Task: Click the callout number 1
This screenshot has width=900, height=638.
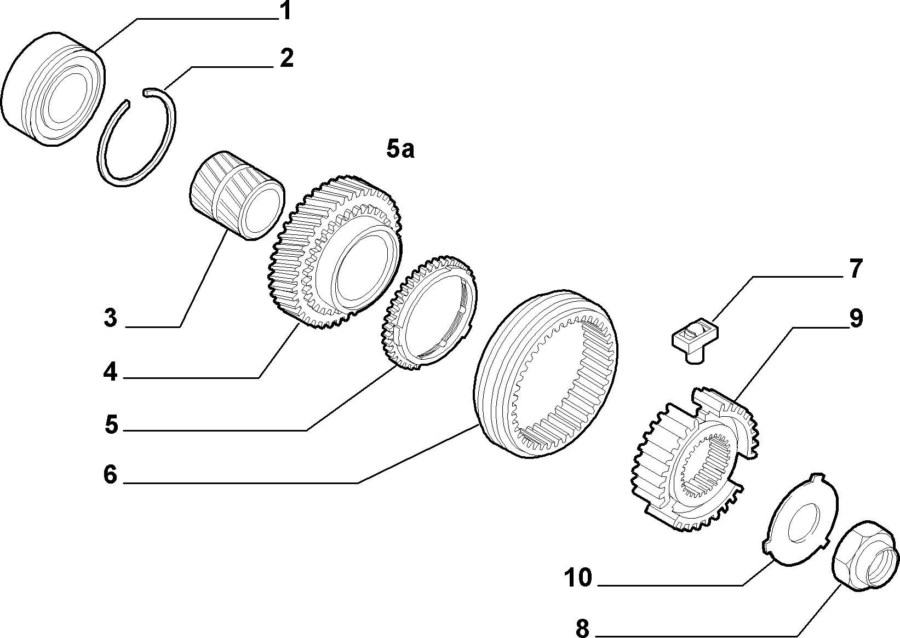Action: pos(285,10)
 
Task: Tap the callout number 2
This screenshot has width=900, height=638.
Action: pos(286,58)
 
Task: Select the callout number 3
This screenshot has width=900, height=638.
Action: pos(110,318)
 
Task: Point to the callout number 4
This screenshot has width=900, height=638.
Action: pos(110,372)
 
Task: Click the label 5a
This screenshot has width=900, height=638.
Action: pos(400,149)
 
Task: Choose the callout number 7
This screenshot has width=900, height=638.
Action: pos(856,269)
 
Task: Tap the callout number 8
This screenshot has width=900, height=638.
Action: pos(582,628)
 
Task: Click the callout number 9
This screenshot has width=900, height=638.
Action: pos(856,318)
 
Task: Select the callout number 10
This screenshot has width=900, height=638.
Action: pos(578,577)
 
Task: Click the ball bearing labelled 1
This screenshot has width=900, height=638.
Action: pos(54,89)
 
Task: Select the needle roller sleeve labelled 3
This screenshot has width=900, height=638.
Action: pos(237,196)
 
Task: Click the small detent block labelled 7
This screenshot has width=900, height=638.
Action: pos(695,340)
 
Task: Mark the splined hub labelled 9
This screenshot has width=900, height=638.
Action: pos(695,460)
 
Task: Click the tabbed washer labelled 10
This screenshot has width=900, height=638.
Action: pos(800,520)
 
